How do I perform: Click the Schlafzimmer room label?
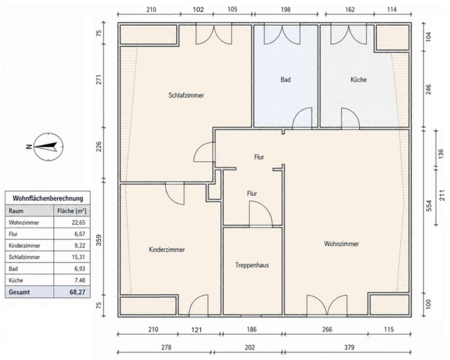tap(186, 95)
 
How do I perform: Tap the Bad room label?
tap(286, 80)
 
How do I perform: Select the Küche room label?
tap(359, 80)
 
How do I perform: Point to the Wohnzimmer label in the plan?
tap(341, 244)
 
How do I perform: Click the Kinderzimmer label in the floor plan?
tap(167, 249)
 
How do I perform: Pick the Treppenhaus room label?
tap(252, 265)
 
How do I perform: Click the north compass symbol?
tap(48, 147)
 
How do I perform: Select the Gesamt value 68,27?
tap(77, 292)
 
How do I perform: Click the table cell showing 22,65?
tap(79, 223)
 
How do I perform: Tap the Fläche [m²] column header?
tap(72, 211)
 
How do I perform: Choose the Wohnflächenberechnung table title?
tap(48, 198)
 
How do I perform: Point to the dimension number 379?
tap(349, 347)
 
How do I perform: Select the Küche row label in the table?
tap(16, 280)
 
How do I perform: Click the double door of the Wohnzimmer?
tap(327, 306)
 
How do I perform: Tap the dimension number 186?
tap(251, 329)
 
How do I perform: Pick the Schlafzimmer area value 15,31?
tap(79, 257)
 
